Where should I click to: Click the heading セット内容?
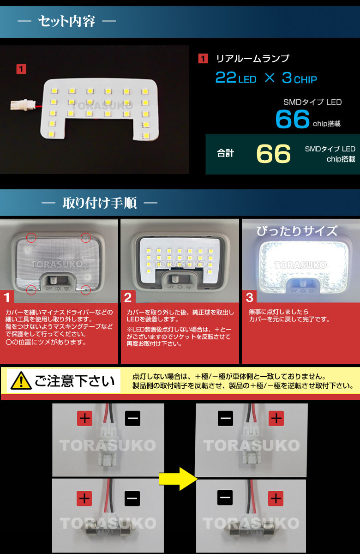pyautogui.click(x=67, y=21)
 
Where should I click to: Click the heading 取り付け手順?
pyautogui.click(x=100, y=203)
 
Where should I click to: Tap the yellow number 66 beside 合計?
pyautogui.click(x=273, y=154)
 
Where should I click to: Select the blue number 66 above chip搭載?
pyautogui.click(x=293, y=119)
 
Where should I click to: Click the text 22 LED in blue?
pyautogui.click(x=236, y=78)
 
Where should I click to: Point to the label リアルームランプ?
pyautogui.click(x=253, y=59)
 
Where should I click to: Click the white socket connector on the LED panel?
pyautogui.click(x=19, y=104)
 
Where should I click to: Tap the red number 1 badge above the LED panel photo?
pyautogui.click(x=21, y=69)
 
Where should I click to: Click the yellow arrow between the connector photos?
pyautogui.click(x=178, y=479)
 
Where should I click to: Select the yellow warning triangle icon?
pyautogui.click(x=21, y=381)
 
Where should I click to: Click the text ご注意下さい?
pyautogui.click(x=75, y=381)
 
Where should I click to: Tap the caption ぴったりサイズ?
pyautogui.click(x=297, y=231)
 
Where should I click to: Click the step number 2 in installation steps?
pyautogui.click(x=128, y=297)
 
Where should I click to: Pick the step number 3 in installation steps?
pyautogui.click(x=250, y=297)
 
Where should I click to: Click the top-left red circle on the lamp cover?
pyautogui.click(x=31, y=238)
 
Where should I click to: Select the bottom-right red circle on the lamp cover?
pyautogui.click(x=85, y=290)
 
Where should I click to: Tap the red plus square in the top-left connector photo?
pyautogui.click(x=84, y=418)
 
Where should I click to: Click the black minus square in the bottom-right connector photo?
pyautogui.click(x=225, y=498)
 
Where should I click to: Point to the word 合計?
pyautogui.click(x=225, y=153)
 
